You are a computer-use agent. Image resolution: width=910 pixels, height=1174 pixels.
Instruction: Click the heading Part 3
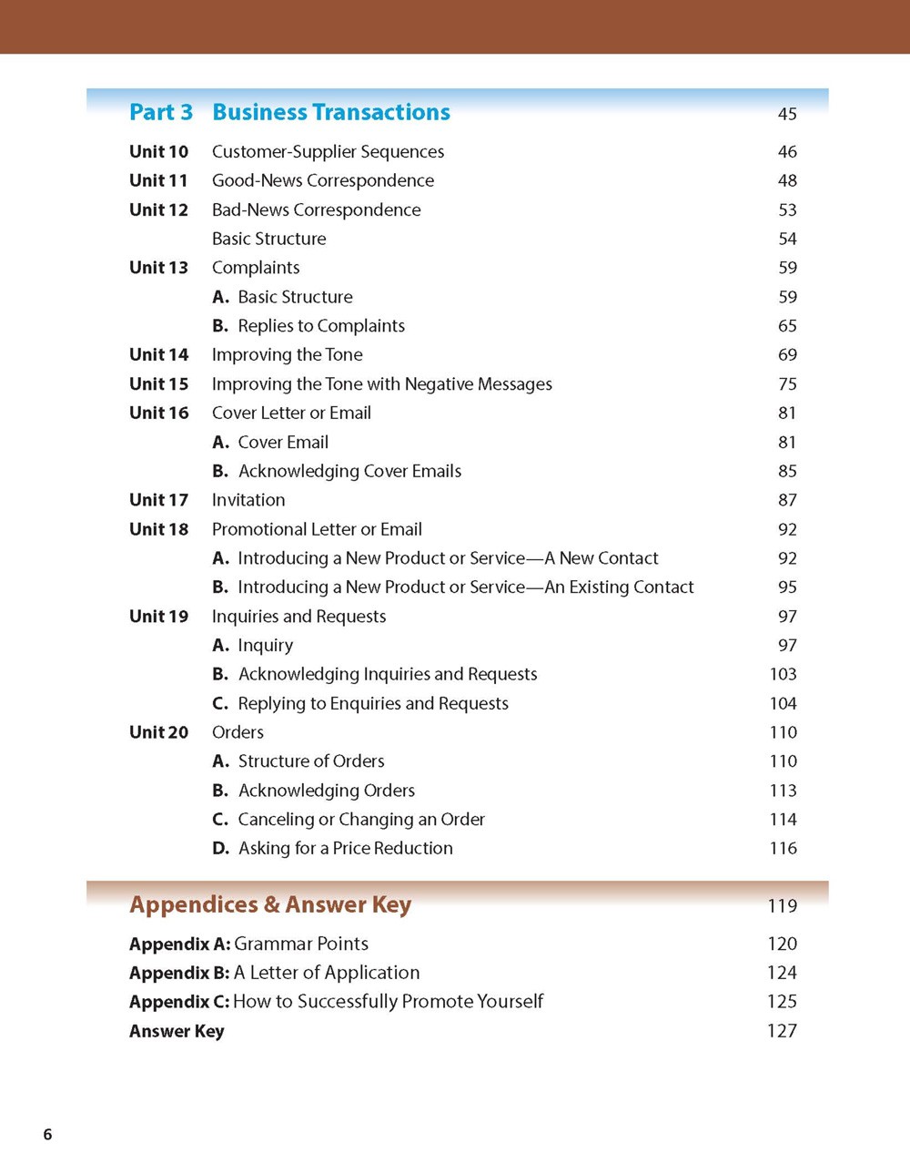(x=161, y=112)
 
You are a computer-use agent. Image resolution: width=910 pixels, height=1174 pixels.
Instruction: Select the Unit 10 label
(x=158, y=151)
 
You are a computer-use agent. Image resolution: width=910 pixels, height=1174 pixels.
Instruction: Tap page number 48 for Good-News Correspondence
(x=787, y=180)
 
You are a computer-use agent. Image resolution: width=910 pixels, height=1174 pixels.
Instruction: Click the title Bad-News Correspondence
(x=316, y=209)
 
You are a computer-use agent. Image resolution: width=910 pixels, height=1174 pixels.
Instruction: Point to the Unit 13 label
(x=158, y=268)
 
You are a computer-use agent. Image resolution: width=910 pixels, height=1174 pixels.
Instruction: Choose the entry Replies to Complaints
(x=321, y=326)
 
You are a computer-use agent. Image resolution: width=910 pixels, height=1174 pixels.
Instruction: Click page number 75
(x=787, y=384)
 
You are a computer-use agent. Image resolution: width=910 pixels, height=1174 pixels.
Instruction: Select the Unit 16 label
(x=158, y=413)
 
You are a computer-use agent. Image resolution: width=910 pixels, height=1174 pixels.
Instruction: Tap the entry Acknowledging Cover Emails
(x=349, y=471)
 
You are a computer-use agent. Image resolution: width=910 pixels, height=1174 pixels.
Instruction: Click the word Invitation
(x=248, y=500)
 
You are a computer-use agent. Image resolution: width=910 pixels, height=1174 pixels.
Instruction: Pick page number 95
(x=787, y=587)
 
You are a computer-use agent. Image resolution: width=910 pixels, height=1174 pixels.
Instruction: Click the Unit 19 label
(x=158, y=617)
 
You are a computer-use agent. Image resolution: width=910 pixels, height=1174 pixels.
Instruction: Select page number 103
(x=783, y=674)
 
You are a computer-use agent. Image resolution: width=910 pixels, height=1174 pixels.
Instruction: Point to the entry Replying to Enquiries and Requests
(x=373, y=703)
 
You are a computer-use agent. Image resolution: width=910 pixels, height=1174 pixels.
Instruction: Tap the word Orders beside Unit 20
(x=238, y=732)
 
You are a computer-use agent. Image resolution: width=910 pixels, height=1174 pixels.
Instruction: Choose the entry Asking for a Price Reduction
(x=345, y=848)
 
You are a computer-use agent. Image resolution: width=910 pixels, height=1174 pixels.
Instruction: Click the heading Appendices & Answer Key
(x=270, y=904)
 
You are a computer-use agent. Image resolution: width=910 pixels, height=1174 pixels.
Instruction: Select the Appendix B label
(x=179, y=973)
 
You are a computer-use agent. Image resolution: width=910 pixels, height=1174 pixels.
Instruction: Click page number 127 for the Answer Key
(x=782, y=1031)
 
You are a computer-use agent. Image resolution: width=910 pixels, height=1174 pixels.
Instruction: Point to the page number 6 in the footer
(x=48, y=1134)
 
